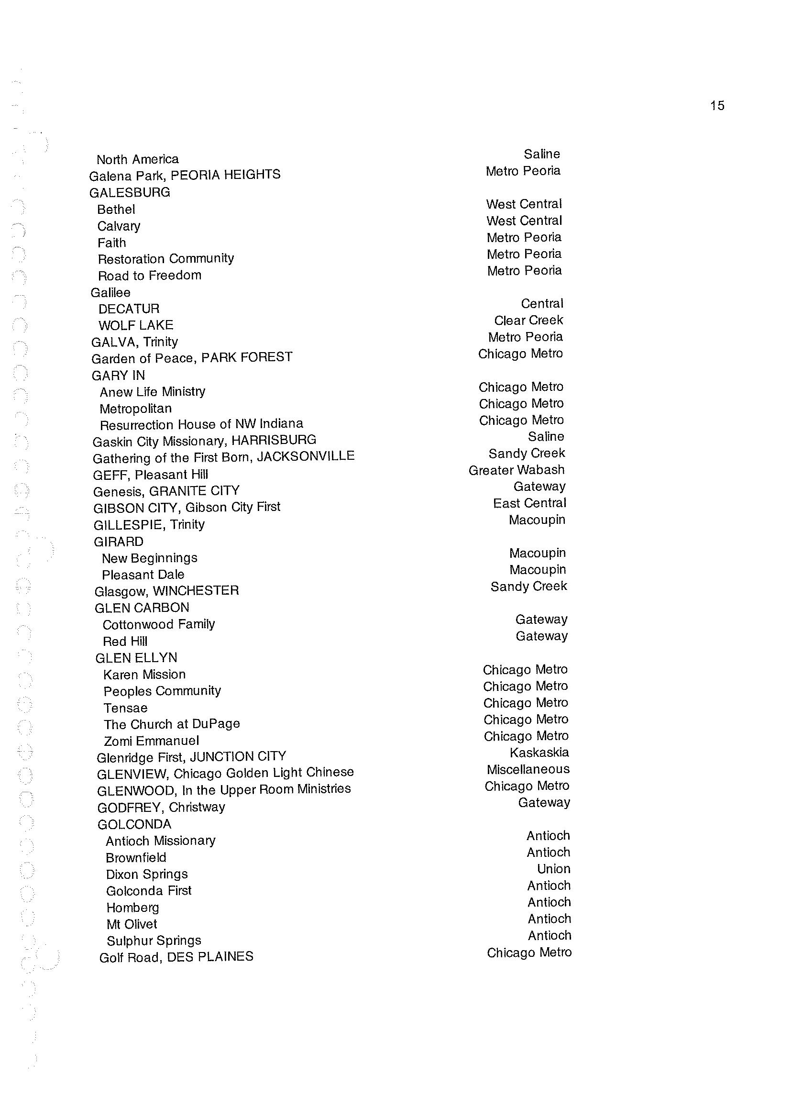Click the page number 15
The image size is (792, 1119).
717,106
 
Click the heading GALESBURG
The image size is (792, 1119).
130,192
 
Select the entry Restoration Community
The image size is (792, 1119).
166,258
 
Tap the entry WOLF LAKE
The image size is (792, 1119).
135,325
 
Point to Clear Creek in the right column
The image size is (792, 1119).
528,321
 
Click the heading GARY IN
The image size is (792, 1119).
118,375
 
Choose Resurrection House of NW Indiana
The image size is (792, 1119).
201,424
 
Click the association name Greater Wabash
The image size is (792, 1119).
517,470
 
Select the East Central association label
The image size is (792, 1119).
529,503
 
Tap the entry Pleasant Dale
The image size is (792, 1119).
143,575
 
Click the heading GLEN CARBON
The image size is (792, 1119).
142,608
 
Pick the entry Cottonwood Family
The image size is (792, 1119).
158,624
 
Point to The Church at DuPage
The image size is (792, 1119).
172,724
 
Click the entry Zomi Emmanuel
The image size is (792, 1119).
151,741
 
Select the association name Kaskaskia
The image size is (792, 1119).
539,753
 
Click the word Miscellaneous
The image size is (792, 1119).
528,769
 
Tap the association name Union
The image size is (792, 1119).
553,869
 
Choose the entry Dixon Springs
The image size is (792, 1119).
147,874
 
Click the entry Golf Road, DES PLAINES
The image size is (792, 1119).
176,957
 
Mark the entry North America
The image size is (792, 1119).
138,159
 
